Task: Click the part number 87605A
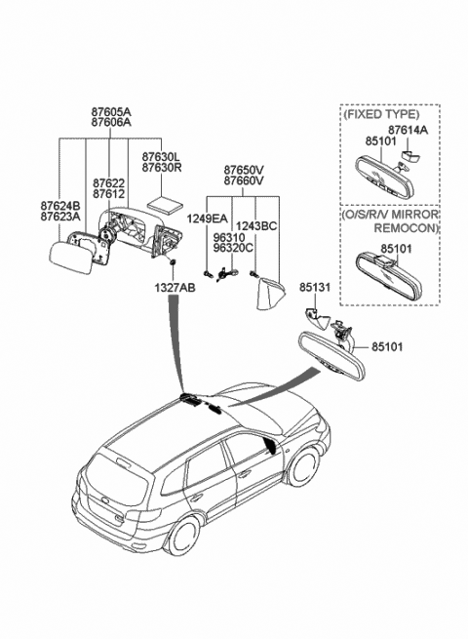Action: point(111,111)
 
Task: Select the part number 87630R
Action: point(162,167)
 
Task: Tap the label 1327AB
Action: point(175,288)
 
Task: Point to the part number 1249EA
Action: point(207,219)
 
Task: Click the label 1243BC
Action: point(256,225)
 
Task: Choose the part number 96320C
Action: point(233,248)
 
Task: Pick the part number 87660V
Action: point(244,180)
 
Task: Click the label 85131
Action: point(315,287)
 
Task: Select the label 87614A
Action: point(408,130)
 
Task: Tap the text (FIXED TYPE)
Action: point(381,114)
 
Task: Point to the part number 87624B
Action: point(60,206)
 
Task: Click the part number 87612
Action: point(108,194)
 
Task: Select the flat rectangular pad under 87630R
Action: point(164,205)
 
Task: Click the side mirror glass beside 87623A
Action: point(70,258)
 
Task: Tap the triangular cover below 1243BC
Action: point(269,295)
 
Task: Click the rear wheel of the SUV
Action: point(184,538)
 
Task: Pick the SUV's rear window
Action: point(117,480)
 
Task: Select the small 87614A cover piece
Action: point(410,155)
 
